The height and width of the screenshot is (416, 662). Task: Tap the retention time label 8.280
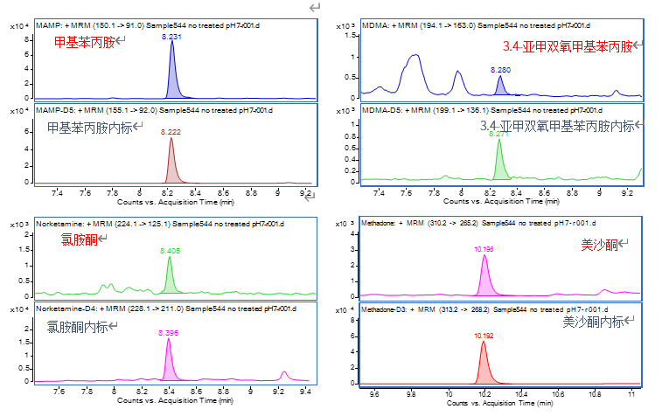tap(500, 69)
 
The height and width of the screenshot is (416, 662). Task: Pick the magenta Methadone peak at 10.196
tap(484, 278)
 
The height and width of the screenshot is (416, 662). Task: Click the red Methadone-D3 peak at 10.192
tap(484, 363)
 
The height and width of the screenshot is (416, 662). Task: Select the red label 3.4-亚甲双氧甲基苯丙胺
tap(567, 46)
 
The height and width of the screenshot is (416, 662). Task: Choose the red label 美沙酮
tap(599, 246)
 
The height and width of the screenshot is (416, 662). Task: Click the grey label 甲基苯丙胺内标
tap(91, 128)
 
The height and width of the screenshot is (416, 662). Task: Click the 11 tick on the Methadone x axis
tap(631, 394)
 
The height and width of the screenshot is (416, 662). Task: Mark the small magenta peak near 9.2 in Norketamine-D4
tap(282, 374)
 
